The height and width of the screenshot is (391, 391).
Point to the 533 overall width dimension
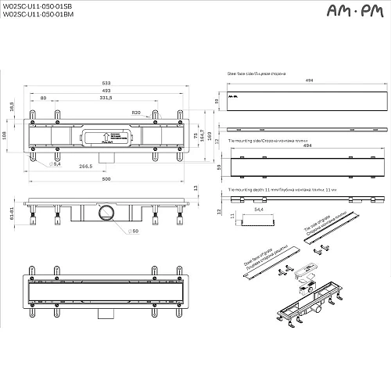(106, 83)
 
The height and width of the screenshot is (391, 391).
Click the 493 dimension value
(106, 91)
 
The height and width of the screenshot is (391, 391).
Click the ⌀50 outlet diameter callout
(135, 232)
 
